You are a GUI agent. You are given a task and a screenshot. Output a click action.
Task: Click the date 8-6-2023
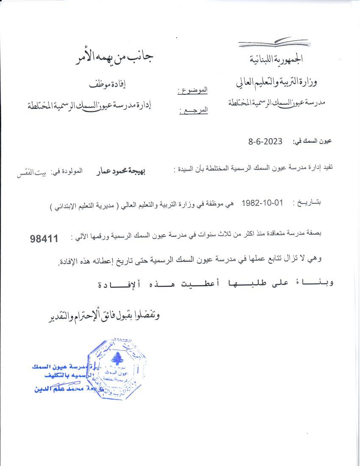point(265,141)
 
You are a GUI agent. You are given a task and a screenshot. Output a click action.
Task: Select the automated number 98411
point(44,239)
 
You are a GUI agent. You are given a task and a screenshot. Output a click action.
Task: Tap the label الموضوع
point(192,90)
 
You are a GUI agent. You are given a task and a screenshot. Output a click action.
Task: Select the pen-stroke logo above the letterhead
point(273,43)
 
